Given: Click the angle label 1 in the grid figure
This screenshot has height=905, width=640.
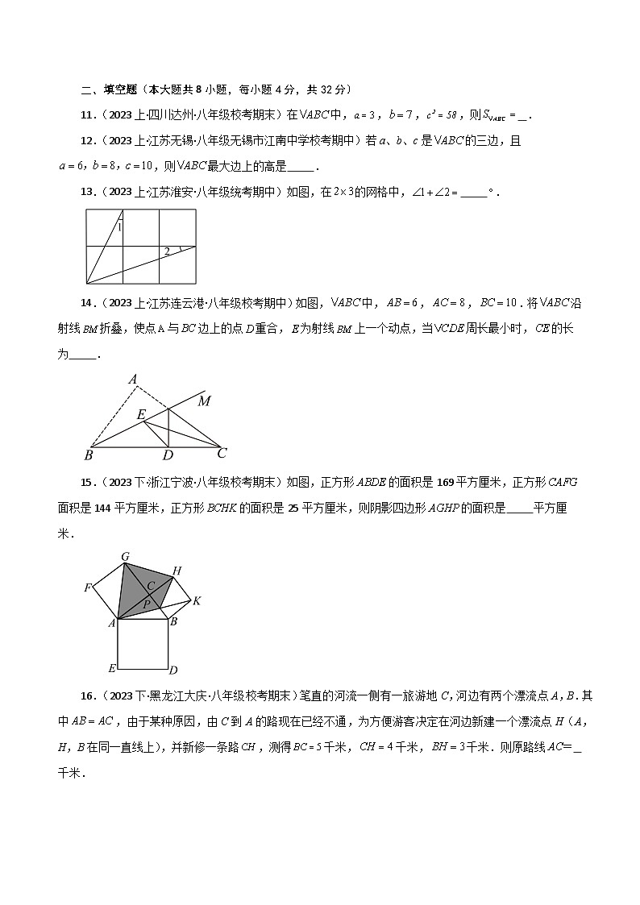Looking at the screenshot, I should (x=119, y=228).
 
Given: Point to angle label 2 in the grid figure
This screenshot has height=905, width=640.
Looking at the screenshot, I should (x=167, y=252).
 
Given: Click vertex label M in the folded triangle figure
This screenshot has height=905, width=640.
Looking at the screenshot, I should (x=205, y=401).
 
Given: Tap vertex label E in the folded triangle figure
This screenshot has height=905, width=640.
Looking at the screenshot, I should (x=140, y=414).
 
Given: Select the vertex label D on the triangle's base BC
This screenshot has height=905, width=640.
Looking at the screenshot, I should (x=168, y=456).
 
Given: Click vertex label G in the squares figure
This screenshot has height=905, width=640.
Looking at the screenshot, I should (x=125, y=556).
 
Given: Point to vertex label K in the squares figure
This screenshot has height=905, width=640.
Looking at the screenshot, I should (x=196, y=600).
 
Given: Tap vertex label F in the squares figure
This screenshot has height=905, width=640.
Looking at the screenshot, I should (x=87, y=587).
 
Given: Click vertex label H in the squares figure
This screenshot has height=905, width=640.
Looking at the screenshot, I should (x=177, y=571).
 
